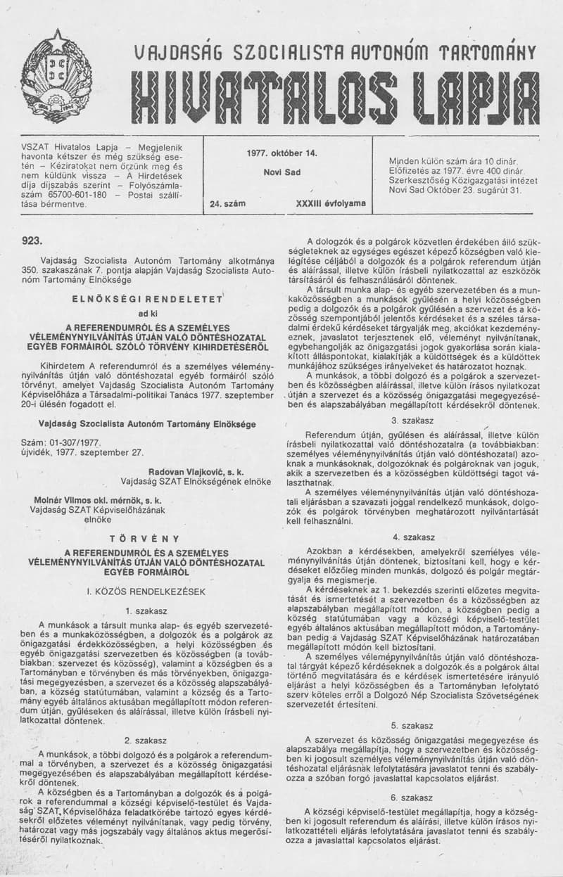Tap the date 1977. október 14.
[x=282, y=153]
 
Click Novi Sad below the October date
[x=282, y=172]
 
